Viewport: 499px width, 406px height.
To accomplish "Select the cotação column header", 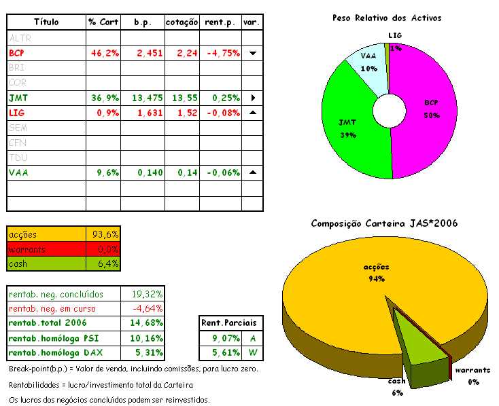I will coord(182,22).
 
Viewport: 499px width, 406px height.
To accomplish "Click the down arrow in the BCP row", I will coord(252,53).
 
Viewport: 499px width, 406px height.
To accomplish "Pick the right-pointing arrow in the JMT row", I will coord(252,98).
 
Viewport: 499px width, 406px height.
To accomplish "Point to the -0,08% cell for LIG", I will coord(222,113).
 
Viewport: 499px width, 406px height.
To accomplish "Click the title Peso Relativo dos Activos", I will coord(387,18).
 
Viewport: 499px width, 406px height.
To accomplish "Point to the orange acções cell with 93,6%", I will coord(105,234).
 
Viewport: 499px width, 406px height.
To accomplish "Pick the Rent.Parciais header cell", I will coord(232,322).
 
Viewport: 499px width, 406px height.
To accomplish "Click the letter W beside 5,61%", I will coord(253,352).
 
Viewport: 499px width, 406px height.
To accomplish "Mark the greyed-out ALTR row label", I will coord(20,38).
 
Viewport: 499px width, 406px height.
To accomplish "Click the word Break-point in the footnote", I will coord(30,369).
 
